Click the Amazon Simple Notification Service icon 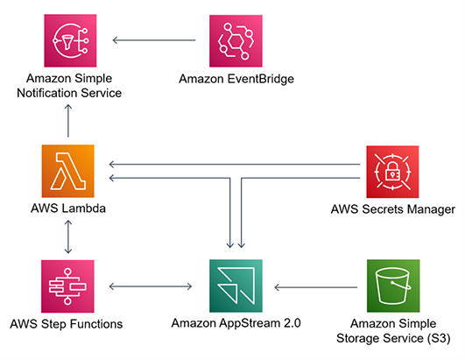coord(67,39)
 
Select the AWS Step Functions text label coord(67,324)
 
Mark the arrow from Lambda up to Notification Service coord(67,118)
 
